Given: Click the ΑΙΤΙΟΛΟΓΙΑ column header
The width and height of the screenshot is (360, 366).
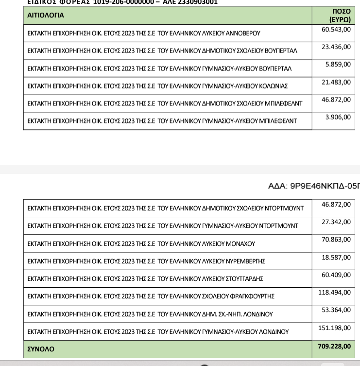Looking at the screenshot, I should pyautogui.click(x=46, y=15).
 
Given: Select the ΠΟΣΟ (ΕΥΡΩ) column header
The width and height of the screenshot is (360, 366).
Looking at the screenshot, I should pyautogui.click(x=340, y=15).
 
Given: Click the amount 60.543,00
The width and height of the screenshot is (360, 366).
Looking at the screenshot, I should pyautogui.click(x=336, y=30).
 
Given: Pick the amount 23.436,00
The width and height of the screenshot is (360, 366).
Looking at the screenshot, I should pyautogui.click(x=336, y=47).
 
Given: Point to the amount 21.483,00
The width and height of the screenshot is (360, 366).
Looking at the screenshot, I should pyautogui.click(x=336, y=82).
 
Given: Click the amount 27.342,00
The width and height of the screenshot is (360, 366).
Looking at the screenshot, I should pyautogui.click(x=336, y=222).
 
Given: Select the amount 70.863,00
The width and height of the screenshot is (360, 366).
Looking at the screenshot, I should pyautogui.click(x=336, y=240).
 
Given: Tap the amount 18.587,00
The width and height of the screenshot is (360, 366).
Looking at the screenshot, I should pyautogui.click(x=336, y=257).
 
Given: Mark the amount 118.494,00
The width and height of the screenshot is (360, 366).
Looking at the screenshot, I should pyautogui.click(x=334, y=293).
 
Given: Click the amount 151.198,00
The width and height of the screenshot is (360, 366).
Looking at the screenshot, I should pyautogui.click(x=334, y=328).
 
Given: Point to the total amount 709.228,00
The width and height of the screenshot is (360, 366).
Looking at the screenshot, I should pyautogui.click(x=334, y=347).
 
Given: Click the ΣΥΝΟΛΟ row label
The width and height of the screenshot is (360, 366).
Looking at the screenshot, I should pyautogui.click(x=41, y=349).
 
